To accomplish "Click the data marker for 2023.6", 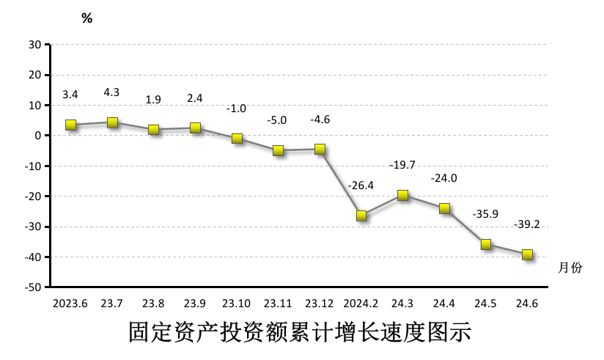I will (71, 125).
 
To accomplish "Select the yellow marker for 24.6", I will (527, 254).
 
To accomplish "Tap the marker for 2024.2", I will (361, 216).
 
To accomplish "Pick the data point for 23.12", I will (320, 149).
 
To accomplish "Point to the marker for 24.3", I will (402, 195).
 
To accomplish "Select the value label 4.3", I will (112, 92).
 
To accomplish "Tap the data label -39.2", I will (527, 224).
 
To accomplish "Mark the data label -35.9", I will (486, 214).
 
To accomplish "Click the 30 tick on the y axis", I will (34, 44).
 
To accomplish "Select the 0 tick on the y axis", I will (37, 136).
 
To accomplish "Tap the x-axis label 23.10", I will (237, 303).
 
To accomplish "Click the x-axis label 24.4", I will (444, 303).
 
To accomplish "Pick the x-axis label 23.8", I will (153, 303).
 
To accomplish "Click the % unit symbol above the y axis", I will (87, 19).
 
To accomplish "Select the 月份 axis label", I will (570, 268).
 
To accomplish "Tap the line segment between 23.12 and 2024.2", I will (341, 183).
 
